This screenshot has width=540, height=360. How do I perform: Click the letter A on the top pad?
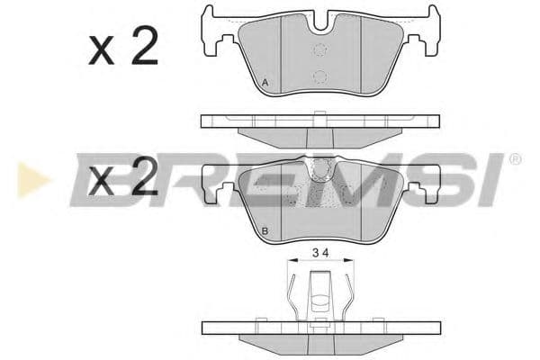265,83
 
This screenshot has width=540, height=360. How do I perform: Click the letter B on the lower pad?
265,230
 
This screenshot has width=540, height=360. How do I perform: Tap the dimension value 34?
320,253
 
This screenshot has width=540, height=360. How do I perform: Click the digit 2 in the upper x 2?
145,46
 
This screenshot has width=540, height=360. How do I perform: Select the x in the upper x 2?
101,51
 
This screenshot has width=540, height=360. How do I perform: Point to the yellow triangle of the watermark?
31,180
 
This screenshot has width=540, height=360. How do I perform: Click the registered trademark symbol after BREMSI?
515,159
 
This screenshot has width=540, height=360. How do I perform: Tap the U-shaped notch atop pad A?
320,22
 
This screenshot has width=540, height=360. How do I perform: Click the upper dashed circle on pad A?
320,50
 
